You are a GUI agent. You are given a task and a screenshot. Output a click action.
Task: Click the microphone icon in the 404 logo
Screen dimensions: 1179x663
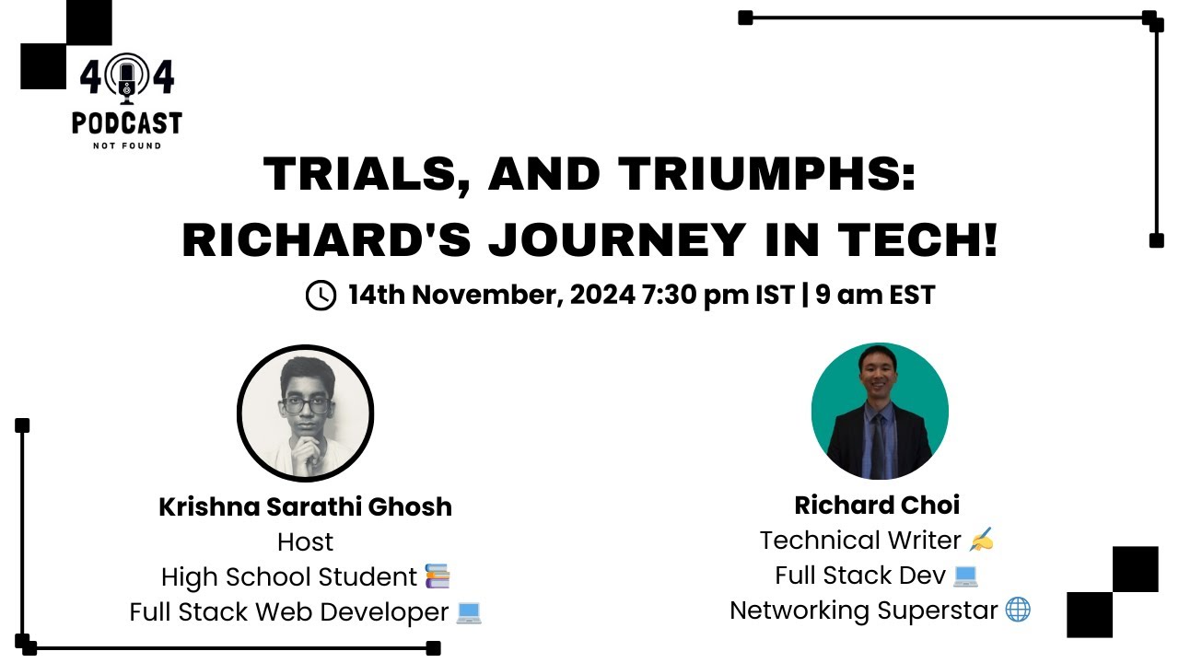pyautogui.click(x=127, y=79)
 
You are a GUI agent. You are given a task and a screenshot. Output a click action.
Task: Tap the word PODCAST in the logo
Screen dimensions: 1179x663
pyautogui.click(x=127, y=123)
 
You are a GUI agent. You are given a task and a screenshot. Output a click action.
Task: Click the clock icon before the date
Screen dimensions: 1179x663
pyautogui.click(x=321, y=296)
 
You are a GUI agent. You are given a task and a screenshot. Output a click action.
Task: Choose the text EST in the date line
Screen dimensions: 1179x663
pyautogui.click(x=912, y=295)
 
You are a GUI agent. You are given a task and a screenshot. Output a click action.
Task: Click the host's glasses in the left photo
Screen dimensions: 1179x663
pyautogui.click(x=307, y=405)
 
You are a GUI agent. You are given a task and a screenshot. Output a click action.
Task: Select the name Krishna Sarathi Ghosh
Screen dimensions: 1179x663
pyautogui.click(x=305, y=506)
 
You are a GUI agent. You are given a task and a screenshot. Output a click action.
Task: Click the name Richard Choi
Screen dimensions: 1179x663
pyautogui.click(x=877, y=506)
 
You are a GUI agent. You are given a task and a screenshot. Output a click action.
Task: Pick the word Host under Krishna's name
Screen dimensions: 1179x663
pyautogui.click(x=305, y=542)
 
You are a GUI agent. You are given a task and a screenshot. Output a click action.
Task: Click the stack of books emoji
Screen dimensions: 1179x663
pyautogui.click(x=438, y=576)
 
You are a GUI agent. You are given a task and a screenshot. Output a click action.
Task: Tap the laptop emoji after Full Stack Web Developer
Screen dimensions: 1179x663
pyautogui.click(x=469, y=612)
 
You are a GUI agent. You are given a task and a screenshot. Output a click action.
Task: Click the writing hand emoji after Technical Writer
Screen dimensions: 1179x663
pyautogui.click(x=981, y=540)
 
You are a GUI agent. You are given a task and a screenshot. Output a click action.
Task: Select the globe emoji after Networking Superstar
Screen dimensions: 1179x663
pyautogui.click(x=1018, y=610)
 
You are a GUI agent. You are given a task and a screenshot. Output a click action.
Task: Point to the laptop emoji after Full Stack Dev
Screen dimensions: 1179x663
pyautogui.click(x=965, y=576)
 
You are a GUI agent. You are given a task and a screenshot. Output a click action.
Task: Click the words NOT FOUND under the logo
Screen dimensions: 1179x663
pyautogui.click(x=127, y=145)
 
